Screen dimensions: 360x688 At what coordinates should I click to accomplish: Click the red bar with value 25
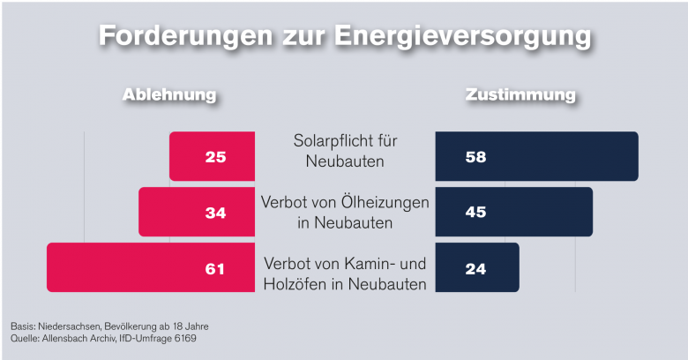[212, 156]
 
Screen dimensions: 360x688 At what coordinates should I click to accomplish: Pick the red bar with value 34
[197, 212]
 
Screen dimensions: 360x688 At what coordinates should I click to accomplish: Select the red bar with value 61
[150, 267]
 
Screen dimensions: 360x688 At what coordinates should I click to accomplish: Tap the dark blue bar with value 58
[536, 156]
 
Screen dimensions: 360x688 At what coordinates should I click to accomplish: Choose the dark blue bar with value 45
[513, 212]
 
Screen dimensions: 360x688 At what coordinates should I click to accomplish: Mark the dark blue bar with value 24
[477, 267]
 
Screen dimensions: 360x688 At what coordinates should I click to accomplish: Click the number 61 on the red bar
[215, 268]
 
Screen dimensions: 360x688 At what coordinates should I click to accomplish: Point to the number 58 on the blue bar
[476, 157]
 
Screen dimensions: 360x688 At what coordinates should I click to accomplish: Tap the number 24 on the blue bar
[476, 268]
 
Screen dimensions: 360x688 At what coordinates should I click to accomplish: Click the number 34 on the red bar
[215, 213]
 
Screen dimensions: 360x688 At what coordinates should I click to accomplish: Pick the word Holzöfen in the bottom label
[295, 284]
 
